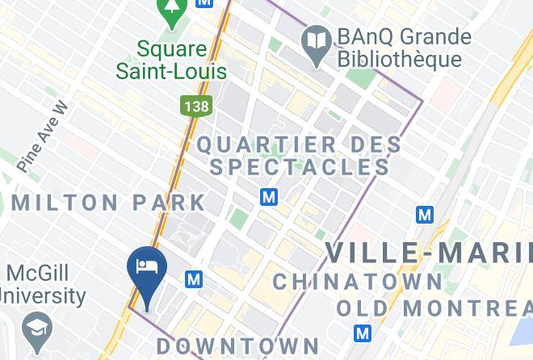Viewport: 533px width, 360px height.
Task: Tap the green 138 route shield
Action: click(x=191, y=106)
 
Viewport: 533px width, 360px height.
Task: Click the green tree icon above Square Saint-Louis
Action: click(x=171, y=10)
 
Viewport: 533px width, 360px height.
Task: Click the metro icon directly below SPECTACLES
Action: click(x=269, y=197)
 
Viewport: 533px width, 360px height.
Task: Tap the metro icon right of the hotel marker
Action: click(x=193, y=279)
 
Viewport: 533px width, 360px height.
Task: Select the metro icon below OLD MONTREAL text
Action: click(x=363, y=333)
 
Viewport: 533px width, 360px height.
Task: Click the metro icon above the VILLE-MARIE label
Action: click(x=424, y=215)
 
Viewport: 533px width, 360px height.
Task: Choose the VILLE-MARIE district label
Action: click(x=429, y=253)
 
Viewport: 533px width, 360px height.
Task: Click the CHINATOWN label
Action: click(x=358, y=282)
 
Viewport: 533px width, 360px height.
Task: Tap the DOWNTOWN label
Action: click(x=237, y=346)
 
